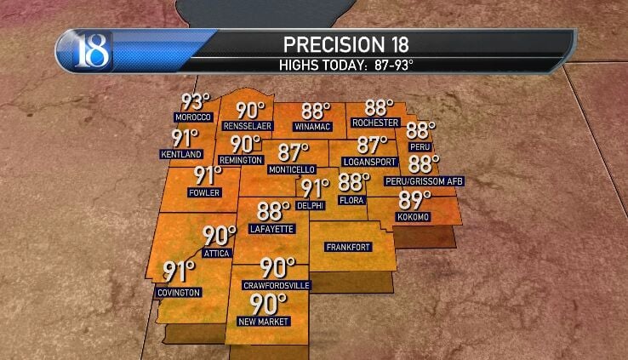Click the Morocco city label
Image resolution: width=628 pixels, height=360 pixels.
tap(191, 117)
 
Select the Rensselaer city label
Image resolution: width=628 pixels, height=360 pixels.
tap(247, 126)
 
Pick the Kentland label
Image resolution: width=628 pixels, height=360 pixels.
tap(181, 154)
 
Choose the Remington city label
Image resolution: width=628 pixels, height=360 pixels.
tap(239, 159)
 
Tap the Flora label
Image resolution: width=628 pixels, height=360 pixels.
tap(351, 201)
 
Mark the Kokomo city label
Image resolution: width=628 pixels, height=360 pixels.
tap(414, 218)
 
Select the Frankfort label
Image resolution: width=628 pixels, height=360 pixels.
tap(348, 247)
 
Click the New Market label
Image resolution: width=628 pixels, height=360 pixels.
tap(266, 321)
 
